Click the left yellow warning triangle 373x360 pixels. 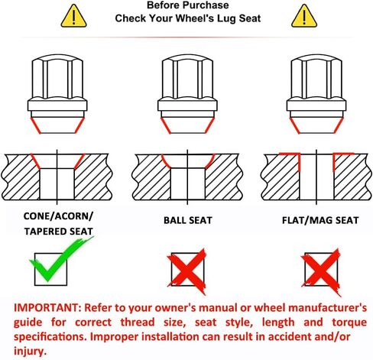pos(73,16)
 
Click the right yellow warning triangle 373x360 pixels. pos(304,16)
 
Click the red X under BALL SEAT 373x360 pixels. pos(187,271)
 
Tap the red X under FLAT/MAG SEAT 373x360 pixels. pos(321,271)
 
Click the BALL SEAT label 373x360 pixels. pos(188,220)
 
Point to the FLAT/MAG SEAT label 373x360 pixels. pos(320,220)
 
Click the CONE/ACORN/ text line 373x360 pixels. pos(58,216)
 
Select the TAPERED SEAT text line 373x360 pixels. pos(58,232)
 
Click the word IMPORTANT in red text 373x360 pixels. pos(47,308)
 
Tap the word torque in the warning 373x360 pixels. pos(349,323)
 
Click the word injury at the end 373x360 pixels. pos(31,351)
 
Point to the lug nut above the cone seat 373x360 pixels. pos(57,94)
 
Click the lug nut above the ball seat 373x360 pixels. pos(187,94)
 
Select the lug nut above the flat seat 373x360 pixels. pos(316,94)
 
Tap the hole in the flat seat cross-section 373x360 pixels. pos(316,177)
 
